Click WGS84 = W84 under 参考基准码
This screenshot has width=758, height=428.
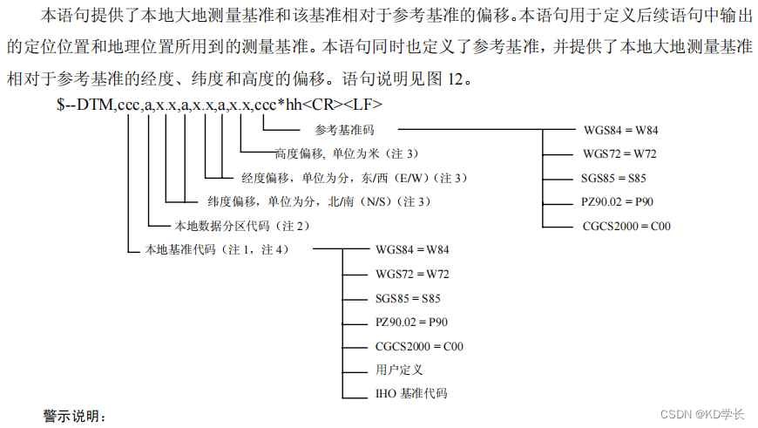tap(621, 130)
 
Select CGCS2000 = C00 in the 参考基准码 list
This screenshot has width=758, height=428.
tap(626, 227)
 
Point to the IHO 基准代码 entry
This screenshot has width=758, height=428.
tap(411, 394)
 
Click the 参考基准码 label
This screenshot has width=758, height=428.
tap(344, 130)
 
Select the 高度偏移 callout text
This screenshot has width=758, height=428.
tap(347, 154)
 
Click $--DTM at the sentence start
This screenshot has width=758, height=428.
tap(85, 105)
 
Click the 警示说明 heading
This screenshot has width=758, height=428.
tap(74, 417)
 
